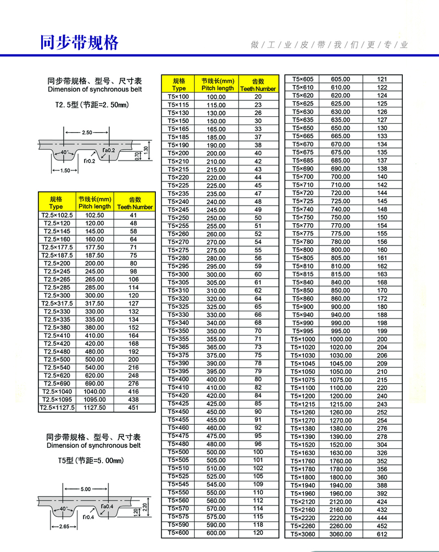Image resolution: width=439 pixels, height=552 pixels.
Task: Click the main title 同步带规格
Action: pyautogui.click(x=80, y=42)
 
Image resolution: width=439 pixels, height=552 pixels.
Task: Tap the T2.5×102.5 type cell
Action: pyautogui.click(x=56, y=215)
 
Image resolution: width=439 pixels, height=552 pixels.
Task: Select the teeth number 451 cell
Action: pyautogui.click(x=133, y=408)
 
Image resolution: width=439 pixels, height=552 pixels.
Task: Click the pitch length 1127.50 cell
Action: pyautogui.click(x=94, y=408)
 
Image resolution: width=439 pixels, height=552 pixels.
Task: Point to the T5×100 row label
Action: pyautogui.click(x=178, y=96)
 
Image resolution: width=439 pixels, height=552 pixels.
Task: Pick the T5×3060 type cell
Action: pyautogui.click(x=302, y=534)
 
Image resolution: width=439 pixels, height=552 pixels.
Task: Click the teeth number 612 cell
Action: pyautogui.click(x=382, y=534)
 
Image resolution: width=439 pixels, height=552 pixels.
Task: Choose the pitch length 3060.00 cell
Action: pyautogui.click(x=340, y=534)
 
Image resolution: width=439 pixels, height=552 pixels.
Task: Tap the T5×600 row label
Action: pyautogui.click(x=178, y=533)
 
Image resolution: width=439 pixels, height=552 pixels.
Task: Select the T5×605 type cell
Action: pyautogui.click(x=302, y=79)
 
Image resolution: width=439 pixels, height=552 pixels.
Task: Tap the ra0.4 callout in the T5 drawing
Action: pyautogui.click(x=107, y=506)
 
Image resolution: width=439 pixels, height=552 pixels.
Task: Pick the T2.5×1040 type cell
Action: pyautogui.click(x=56, y=392)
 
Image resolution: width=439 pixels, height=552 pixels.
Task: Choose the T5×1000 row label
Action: pyautogui.click(x=302, y=339)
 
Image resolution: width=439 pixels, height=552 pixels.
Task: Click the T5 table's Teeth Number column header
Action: pyautogui.click(x=258, y=84)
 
